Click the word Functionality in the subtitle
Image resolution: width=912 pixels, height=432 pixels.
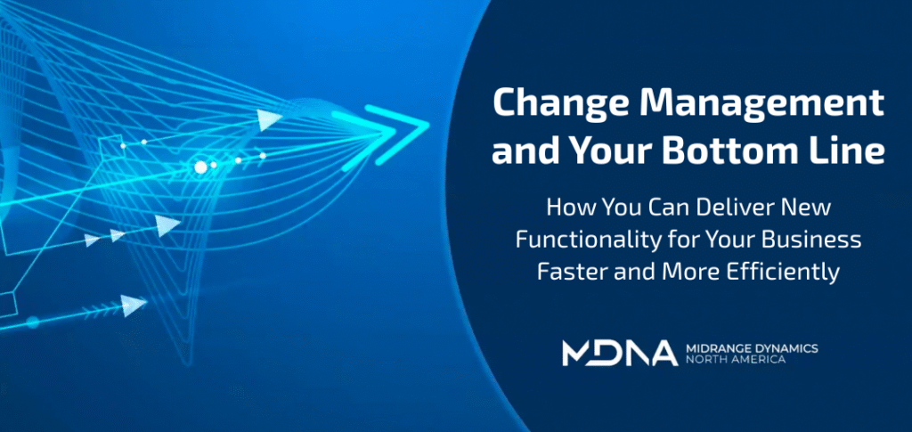(x=584, y=240)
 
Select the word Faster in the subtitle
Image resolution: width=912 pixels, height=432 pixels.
(x=564, y=272)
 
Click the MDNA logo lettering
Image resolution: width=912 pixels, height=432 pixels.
(x=619, y=354)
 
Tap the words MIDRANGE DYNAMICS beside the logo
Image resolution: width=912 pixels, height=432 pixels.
(x=752, y=347)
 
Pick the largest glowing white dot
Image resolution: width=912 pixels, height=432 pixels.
(x=200, y=167)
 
